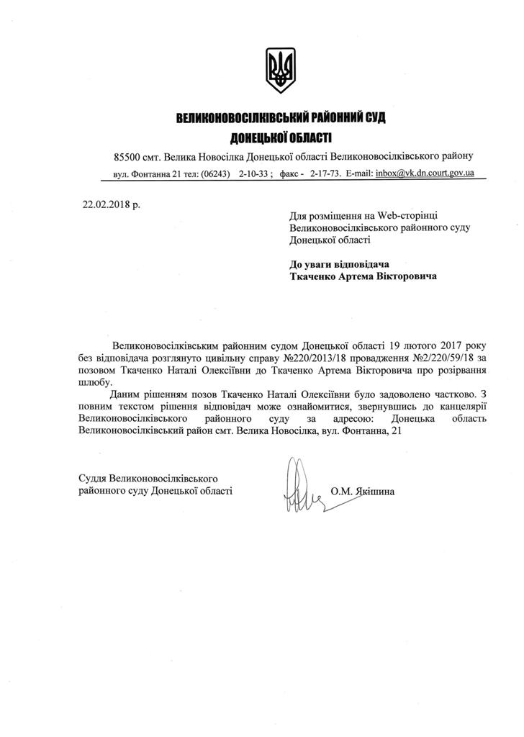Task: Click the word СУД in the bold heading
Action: tap(374, 117)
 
